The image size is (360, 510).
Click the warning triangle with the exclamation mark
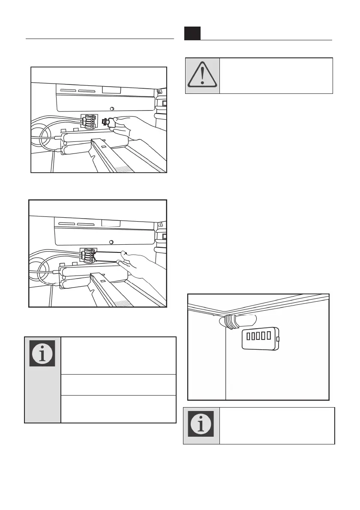(x=202, y=76)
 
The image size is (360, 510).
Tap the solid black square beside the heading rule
(x=192, y=33)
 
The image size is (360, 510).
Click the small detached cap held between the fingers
(x=108, y=123)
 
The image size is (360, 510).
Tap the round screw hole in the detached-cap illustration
(x=112, y=108)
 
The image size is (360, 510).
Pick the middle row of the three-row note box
(x=119, y=385)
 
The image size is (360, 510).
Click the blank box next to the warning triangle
(x=276, y=76)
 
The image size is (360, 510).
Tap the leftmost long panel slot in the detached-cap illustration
(x=69, y=91)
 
